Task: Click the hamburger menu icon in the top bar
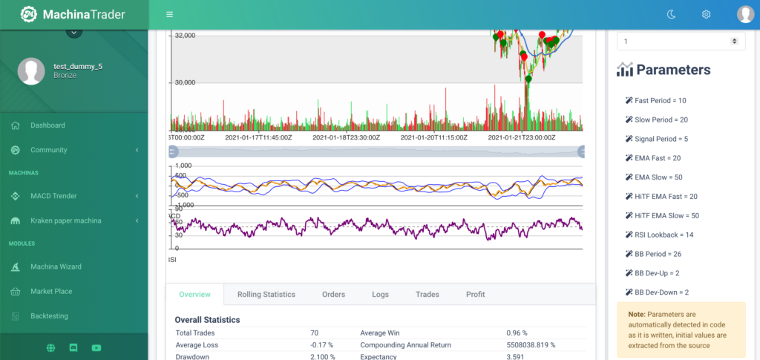170,14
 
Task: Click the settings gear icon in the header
706,14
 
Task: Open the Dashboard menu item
47,125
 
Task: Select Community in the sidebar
48,150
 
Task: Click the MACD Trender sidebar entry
53,196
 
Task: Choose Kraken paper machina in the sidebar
67,220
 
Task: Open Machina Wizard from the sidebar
56,266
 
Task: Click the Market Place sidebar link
51,291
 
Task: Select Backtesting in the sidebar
49,316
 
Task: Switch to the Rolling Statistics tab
266,295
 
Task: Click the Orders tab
333,295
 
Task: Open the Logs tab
380,295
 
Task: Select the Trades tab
427,295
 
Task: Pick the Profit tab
475,295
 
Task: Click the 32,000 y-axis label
185,35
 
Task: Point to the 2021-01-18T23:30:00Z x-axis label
346,137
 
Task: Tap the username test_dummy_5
78,66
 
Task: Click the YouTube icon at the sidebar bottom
96,347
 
